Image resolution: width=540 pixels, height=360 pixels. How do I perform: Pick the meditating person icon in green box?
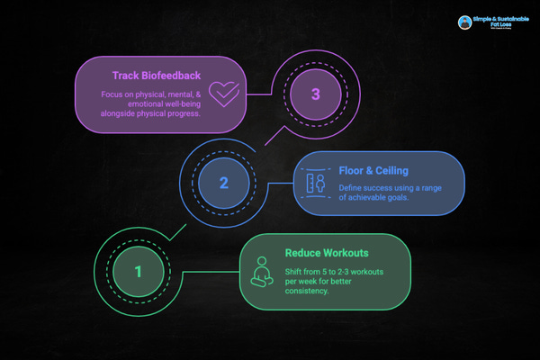pos(263,271)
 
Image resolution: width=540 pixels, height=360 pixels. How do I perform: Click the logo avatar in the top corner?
pos(464,23)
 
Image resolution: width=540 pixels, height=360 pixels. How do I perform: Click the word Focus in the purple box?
pos(99,94)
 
